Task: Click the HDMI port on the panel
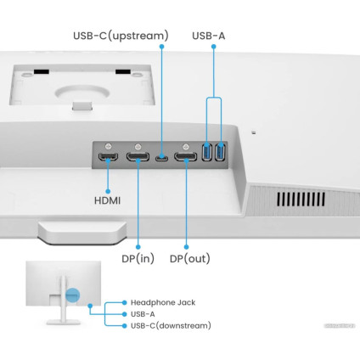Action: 107,158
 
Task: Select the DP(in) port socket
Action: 138,158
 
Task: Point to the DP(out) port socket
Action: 186,158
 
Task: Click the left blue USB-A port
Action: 208,153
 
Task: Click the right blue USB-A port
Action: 221,153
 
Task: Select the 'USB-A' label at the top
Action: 209,36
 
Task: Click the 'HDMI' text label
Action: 107,201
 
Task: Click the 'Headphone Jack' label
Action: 163,301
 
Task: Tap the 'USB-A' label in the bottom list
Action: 143,313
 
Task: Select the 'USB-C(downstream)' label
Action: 171,325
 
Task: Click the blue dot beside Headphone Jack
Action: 125,301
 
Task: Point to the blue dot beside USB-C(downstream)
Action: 125,325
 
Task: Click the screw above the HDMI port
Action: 107,144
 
